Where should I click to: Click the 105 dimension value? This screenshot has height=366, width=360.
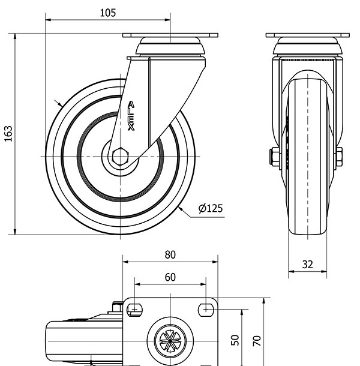(x=107, y=13)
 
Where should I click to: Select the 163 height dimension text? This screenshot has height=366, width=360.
(x=8, y=134)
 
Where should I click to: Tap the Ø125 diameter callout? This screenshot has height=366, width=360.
(x=211, y=208)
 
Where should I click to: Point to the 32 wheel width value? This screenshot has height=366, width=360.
(x=307, y=265)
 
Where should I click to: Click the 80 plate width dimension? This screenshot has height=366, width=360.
(x=170, y=254)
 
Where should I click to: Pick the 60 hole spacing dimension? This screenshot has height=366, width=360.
(x=170, y=277)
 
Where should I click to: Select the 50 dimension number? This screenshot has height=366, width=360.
(x=235, y=340)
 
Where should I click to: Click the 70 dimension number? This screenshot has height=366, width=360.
(x=257, y=341)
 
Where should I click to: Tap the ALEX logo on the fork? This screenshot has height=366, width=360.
(x=131, y=116)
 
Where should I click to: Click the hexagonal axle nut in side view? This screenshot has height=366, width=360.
(x=120, y=157)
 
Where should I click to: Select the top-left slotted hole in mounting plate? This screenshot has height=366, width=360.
(x=135, y=310)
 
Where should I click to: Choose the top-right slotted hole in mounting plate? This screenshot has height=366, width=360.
(x=206, y=310)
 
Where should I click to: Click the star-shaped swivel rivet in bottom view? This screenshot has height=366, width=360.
(x=170, y=341)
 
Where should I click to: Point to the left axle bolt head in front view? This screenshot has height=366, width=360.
(x=274, y=157)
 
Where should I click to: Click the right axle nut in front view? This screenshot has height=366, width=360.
(x=339, y=157)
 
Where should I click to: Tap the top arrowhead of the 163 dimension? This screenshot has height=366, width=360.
(x=15, y=36)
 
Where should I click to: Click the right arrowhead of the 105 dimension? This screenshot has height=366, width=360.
(x=167, y=20)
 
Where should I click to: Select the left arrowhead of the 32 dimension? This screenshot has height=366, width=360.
(x=292, y=271)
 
